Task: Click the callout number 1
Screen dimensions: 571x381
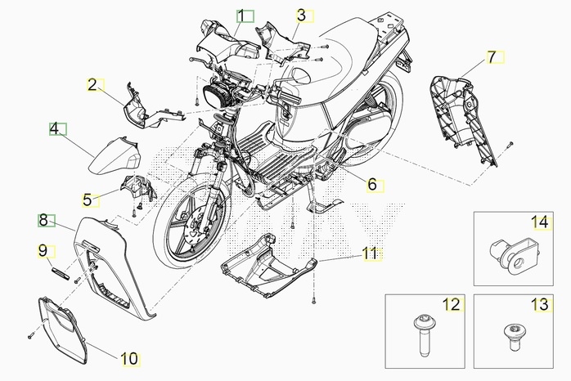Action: (x=241, y=16)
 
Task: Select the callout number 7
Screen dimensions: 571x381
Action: (x=492, y=57)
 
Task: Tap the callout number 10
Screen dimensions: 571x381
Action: (x=129, y=359)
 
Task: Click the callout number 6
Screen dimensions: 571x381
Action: (x=372, y=185)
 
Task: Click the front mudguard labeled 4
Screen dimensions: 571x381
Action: (x=115, y=156)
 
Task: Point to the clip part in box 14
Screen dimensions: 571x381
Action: (x=514, y=255)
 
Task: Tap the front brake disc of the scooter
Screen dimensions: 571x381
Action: (x=200, y=226)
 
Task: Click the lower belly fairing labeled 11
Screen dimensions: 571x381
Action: (x=266, y=265)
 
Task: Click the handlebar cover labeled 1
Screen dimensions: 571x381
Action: (x=228, y=43)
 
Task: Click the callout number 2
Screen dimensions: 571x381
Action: (x=92, y=85)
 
